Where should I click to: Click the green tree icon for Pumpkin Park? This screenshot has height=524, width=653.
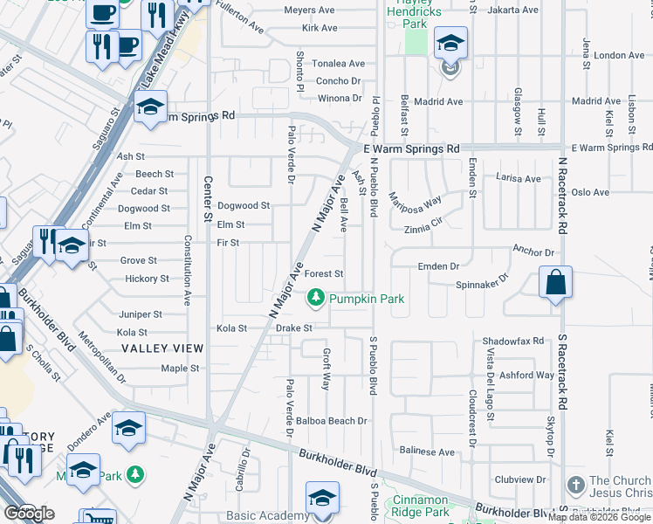click(x=315, y=299)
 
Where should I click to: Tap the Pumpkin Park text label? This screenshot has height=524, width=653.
click(x=367, y=299)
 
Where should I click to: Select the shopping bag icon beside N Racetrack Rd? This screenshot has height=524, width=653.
click(x=555, y=283)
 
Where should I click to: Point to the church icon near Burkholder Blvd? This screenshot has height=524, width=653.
click(x=574, y=485)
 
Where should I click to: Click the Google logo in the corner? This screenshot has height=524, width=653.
click(x=30, y=513)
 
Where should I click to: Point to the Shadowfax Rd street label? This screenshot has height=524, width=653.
click(x=512, y=341)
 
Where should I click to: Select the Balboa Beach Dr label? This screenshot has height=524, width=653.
click(x=332, y=421)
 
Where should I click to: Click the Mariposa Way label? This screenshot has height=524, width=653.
click(x=416, y=203)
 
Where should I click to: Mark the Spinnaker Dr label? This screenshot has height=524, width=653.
click(x=482, y=285)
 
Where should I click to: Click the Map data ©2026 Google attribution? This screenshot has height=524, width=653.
click(x=599, y=517)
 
